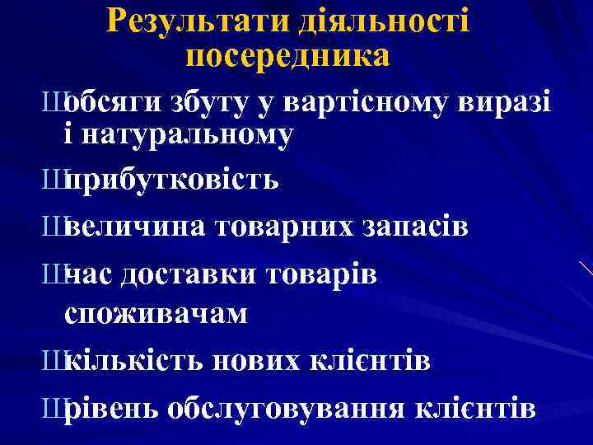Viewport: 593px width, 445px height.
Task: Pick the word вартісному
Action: tap(367, 102)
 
